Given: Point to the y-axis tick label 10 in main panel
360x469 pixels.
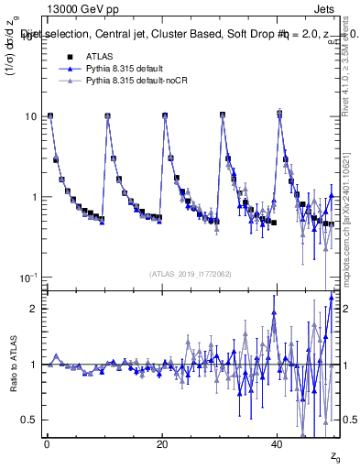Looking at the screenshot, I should point(30,117).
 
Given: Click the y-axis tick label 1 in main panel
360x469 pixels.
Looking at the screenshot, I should point(33,198).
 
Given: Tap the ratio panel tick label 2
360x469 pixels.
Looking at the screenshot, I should point(33,309).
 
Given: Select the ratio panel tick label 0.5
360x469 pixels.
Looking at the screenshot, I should point(28,420).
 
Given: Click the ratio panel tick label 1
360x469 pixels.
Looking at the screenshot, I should point(33,365).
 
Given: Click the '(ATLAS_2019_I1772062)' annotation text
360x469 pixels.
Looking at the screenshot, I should point(191,273).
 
